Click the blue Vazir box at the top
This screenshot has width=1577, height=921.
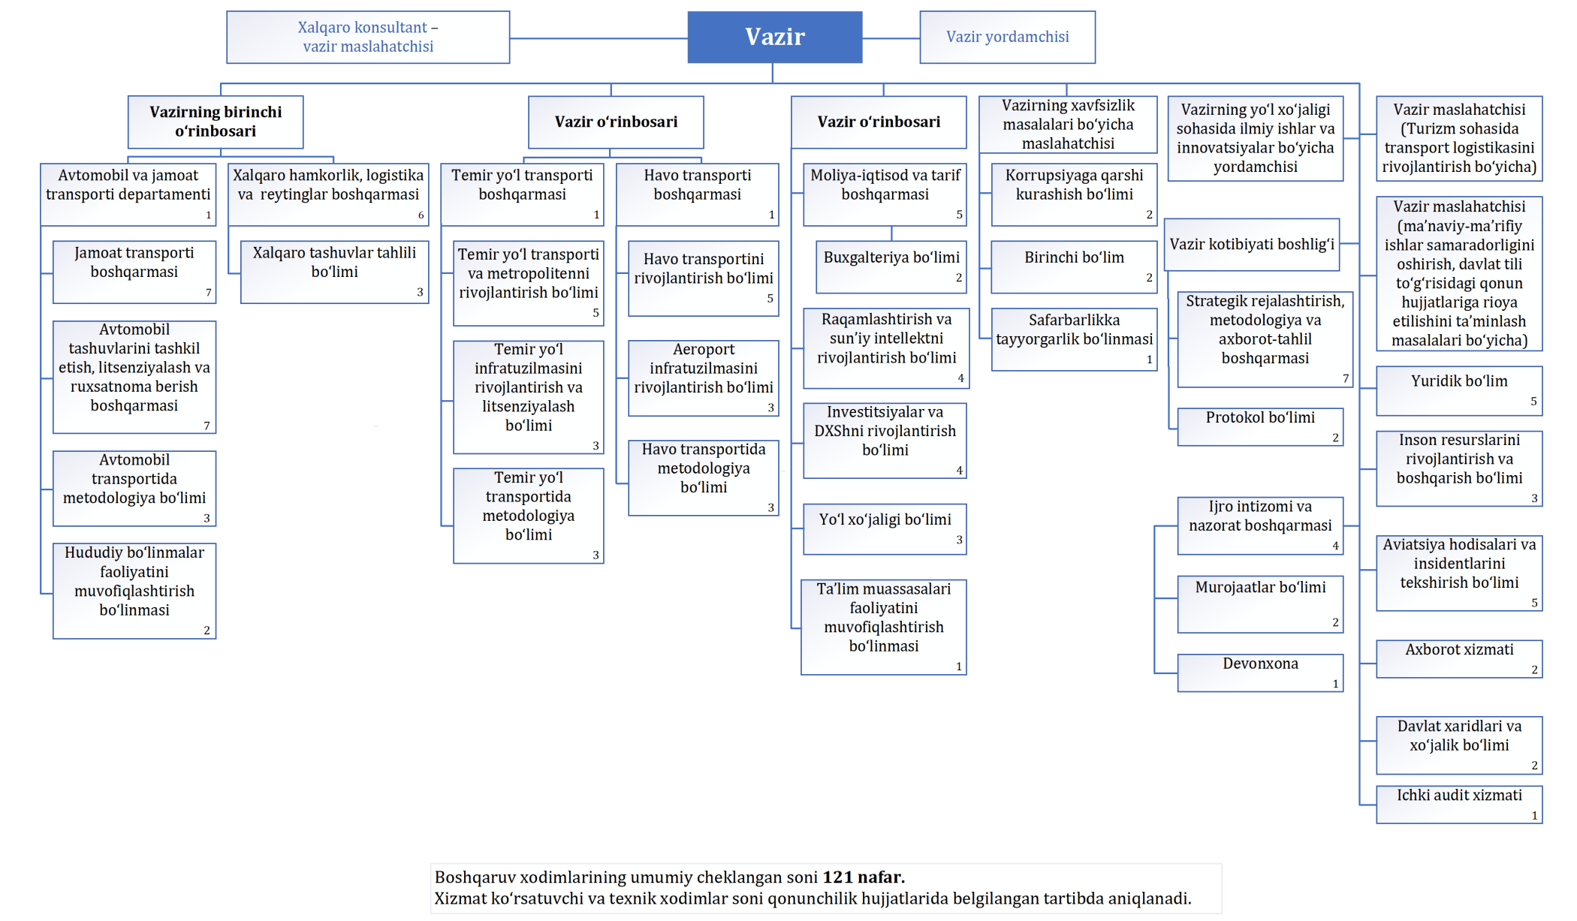click(x=774, y=37)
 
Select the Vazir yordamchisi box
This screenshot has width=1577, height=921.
click(x=1007, y=37)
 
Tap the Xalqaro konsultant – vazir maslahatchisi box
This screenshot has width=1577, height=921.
click(x=368, y=37)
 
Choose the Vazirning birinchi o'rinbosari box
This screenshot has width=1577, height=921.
click(x=216, y=122)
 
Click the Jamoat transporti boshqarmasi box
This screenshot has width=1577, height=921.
click(x=134, y=271)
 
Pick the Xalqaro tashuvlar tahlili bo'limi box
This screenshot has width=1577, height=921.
click(x=334, y=271)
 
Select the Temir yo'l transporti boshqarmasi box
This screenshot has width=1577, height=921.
click(x=522, y=194)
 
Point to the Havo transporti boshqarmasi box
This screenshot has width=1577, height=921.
click(x=697, y=194)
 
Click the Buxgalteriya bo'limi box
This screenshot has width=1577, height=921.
click(x=891, y=266)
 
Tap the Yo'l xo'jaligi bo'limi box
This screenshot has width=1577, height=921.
click(x=885, y=528)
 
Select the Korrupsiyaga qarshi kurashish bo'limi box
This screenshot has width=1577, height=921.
click(x=1074, y=194)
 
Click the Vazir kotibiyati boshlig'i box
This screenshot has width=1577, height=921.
click(x=1252, y=244)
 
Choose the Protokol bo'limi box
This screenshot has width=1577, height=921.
click(x=1260, y=426)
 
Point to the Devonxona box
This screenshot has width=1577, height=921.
click(x=1260, y=672)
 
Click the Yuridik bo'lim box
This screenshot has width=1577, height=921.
click(x=1458, y=390)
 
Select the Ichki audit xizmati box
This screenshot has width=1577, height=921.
click(x=1458, y=803)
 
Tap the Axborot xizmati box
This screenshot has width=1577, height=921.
click(x=1458, y=658)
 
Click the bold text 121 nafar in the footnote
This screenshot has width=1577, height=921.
click(x=864, y=877)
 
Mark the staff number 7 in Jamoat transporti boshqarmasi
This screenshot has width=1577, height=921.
click(x=208, y=293)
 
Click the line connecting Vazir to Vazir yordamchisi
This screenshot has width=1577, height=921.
click(x=891, y=38)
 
